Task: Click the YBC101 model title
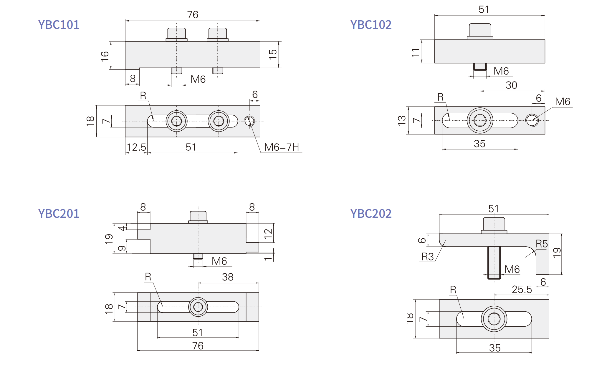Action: point(59,25)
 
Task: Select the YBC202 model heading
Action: point(371,214)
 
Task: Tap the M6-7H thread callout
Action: point(281,147)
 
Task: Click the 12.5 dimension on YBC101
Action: point(136,147)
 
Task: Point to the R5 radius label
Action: point(541,244)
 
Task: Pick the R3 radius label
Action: point(427,257)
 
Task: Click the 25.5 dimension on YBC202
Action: point(522,290)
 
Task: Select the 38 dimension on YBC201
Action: point(228,277)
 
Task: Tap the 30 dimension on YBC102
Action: point(511,85)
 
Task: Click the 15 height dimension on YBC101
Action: point(273,54)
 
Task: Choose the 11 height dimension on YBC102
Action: point(415,52)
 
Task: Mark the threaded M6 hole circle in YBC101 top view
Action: point(249,121)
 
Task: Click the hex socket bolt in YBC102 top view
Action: point(480,120)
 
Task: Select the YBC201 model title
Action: point(59,214)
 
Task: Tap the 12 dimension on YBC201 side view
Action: point(268,233)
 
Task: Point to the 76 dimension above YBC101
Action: point(193,15)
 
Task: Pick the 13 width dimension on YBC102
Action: point(402,120)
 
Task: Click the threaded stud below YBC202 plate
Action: point(494,262)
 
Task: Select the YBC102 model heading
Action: point(371,25)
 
